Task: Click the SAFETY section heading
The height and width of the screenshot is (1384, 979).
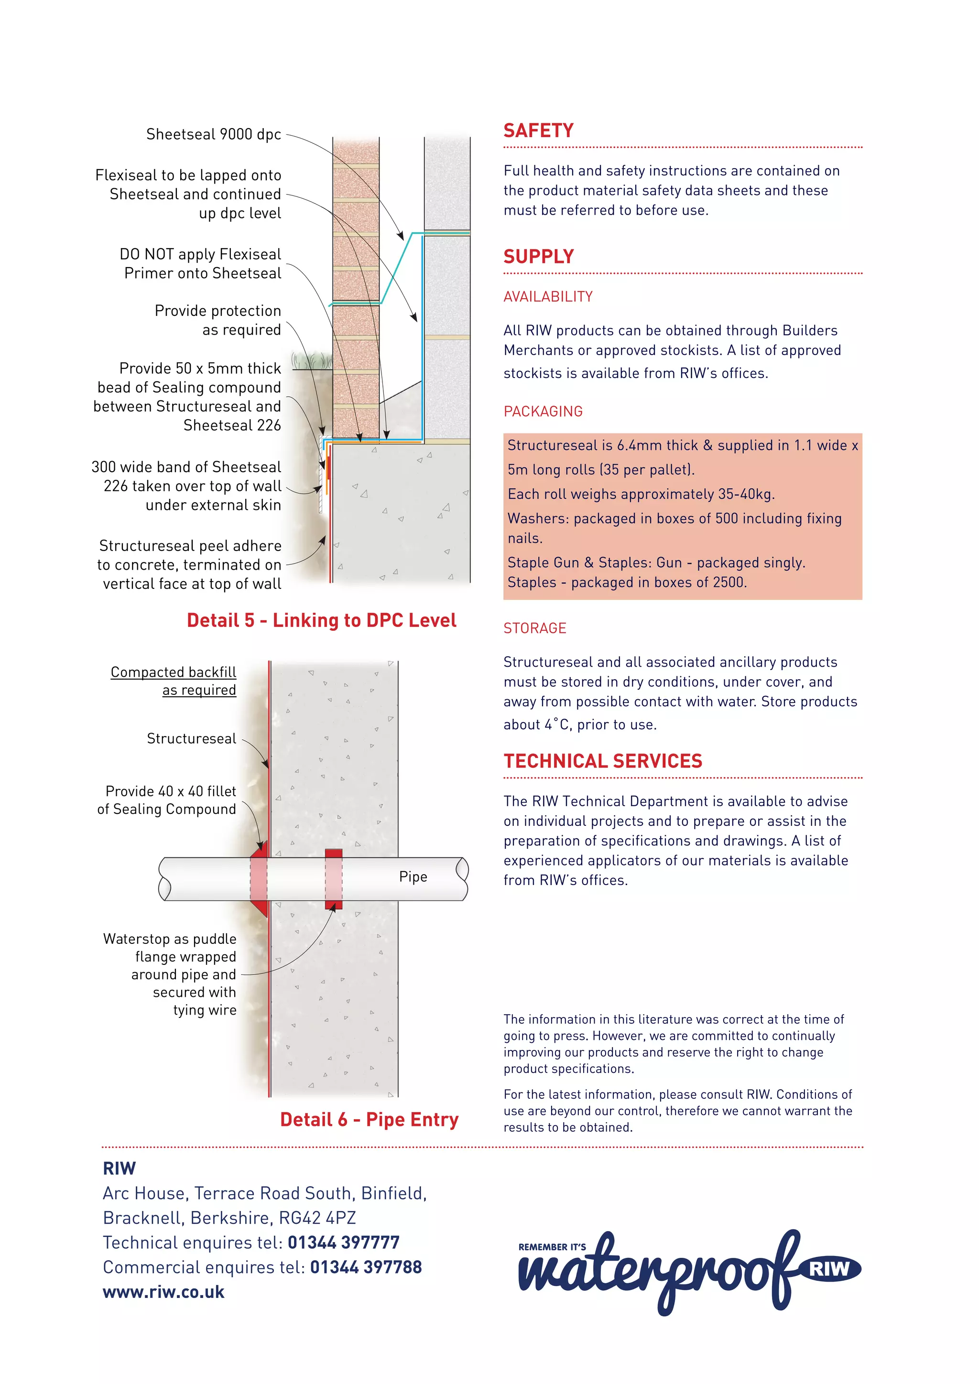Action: [x=538, y=131]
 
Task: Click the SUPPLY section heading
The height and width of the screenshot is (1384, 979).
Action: [x=538, y=257]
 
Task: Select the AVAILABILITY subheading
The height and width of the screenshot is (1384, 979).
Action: [x=548, y=297]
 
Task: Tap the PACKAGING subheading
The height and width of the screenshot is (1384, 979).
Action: [x=543, y=411]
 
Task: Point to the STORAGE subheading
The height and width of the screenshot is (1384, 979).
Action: [x=535, y=628]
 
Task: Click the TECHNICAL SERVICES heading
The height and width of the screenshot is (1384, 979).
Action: [x=603, y=761]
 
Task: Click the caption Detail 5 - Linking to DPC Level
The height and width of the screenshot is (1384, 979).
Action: [x=321, y=620]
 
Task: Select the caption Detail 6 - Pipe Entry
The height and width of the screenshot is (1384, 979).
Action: [x=369, y=1119]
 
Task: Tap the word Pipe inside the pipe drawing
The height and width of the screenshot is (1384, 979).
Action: [x=413, y=876]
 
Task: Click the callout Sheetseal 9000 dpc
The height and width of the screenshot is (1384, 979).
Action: [x=213, y=134]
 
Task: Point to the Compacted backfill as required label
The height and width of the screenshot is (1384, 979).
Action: [x=174, y=681]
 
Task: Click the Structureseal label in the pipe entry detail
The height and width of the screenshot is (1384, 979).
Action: [x=191, y=738]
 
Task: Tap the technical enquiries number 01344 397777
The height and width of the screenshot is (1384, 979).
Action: [x=343, y=1243]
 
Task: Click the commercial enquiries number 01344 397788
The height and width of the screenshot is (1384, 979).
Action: [x=365, y=1267]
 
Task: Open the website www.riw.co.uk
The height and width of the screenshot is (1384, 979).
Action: [x=163, y=1292]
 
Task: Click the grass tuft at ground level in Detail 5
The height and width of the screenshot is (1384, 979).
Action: [x=312, y=361]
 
